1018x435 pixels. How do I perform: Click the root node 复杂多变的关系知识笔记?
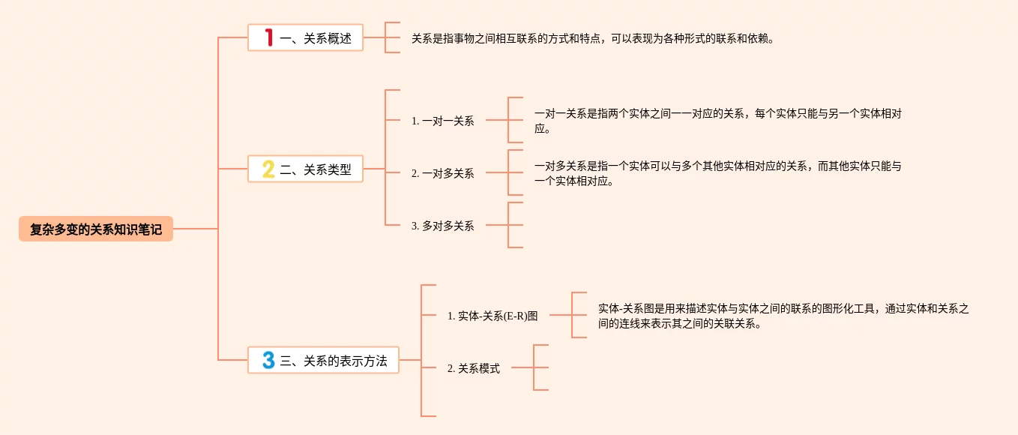tap(96, 229)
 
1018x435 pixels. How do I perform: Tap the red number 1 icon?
tap(269, 37)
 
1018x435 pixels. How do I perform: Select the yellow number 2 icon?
tap(268, 169)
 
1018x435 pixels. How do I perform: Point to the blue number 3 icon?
tap(268, 360)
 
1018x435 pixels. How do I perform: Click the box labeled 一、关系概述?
tap(305, 37)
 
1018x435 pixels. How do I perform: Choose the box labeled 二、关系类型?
tap(305, 169)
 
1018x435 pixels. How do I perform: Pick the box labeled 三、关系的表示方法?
tap(323, 360)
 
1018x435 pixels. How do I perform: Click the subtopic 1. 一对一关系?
tap(442, 121)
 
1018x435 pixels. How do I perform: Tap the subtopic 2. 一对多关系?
tap(442, 173)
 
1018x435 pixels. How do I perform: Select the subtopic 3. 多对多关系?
tap(442, 226)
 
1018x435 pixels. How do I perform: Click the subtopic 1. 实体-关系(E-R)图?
tap(493, 316)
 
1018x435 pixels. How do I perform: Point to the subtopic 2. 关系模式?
tap(474, 368)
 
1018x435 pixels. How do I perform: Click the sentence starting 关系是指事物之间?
tap(593, 39)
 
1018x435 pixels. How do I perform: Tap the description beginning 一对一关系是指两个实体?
tap(718, 121)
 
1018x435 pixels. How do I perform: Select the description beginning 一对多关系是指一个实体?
tap(718, 173)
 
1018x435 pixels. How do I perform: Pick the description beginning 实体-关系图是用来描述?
tap(783, 316)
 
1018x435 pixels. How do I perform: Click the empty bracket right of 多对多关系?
tap(508, 225)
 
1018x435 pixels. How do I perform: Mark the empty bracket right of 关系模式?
tap(534, 367)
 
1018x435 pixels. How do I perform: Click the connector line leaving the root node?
tap(196, 229)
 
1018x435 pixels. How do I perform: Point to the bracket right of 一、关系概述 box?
tap(385, 37)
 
